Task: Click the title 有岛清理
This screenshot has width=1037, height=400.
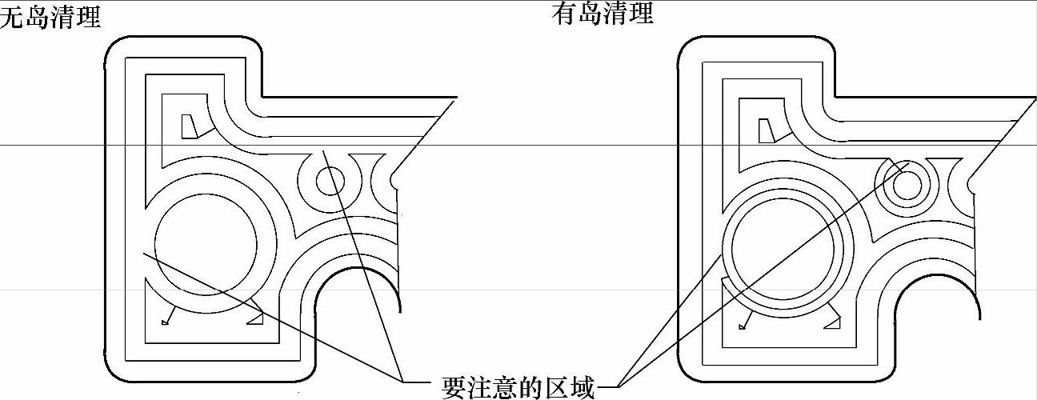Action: coord(603,13)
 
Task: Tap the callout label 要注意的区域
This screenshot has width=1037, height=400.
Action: coord(518,387)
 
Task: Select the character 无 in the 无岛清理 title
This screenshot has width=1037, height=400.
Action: coord(12,18)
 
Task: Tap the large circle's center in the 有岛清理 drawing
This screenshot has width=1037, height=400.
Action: coord(784,248)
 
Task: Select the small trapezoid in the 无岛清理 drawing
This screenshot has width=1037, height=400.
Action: coord(190,126)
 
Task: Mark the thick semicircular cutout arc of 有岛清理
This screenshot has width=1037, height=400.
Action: coord(936,279)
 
